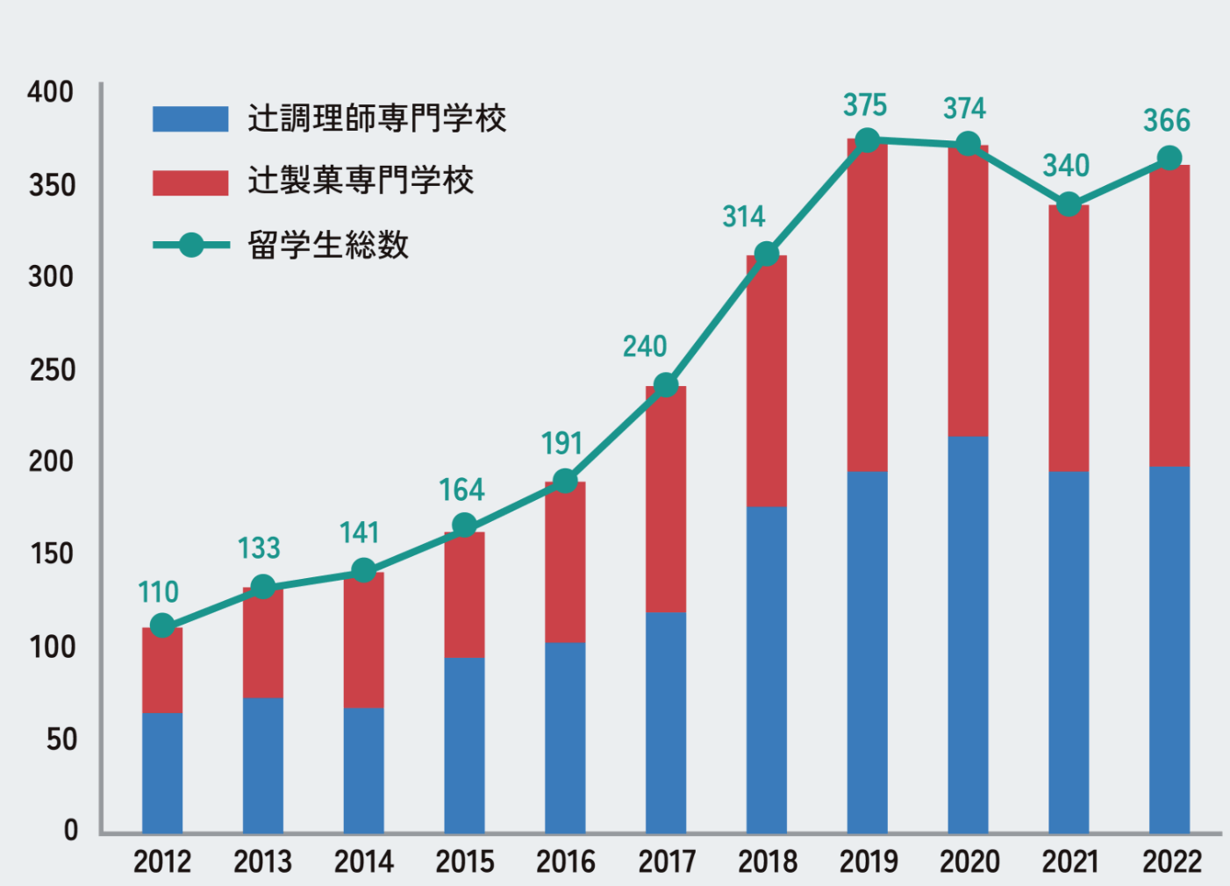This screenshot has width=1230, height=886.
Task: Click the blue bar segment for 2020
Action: pos(968,633)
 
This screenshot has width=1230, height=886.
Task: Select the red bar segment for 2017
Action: pos(666,498)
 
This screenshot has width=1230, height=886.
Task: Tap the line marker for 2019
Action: pos(867,140)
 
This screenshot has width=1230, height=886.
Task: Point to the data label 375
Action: pos(865,105)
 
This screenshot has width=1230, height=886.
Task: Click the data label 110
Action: pos(158,592)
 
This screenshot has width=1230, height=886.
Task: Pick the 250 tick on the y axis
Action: pos(52,370)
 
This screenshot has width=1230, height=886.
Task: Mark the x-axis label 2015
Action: pos(465,861)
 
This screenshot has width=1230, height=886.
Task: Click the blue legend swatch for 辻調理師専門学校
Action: pos(190,118)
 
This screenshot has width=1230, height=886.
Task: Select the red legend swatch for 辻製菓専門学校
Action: pos(190,182)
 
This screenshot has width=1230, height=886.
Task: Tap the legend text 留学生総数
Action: pos(328,245)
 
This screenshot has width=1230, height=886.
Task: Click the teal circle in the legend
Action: pos(191,245)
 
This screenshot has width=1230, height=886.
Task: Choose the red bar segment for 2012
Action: pos(162,670)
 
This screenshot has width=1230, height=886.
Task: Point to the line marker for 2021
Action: pos(1069,204)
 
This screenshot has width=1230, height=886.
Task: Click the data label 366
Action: pos(1166,121)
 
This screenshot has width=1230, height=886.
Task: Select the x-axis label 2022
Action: pos(1170,861)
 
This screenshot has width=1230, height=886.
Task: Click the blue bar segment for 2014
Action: pos(363,769)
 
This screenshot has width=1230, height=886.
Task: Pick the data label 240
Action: pos(645,347)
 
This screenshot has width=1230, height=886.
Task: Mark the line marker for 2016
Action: pos(565,481)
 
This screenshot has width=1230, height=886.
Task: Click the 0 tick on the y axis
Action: pos(70,830)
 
